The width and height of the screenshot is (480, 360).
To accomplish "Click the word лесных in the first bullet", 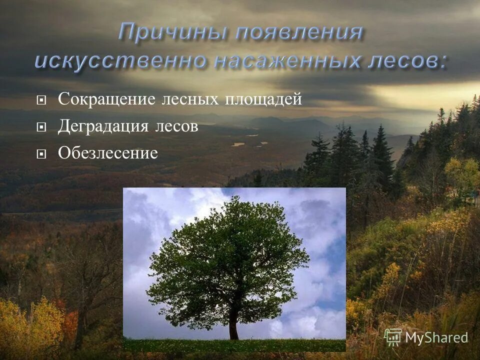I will coord(190,99).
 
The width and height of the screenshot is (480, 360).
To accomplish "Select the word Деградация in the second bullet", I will coord(103,126).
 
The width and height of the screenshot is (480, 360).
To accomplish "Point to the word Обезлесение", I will coord(107,152).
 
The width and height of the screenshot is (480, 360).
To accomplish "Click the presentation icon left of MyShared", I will coord(393,337).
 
